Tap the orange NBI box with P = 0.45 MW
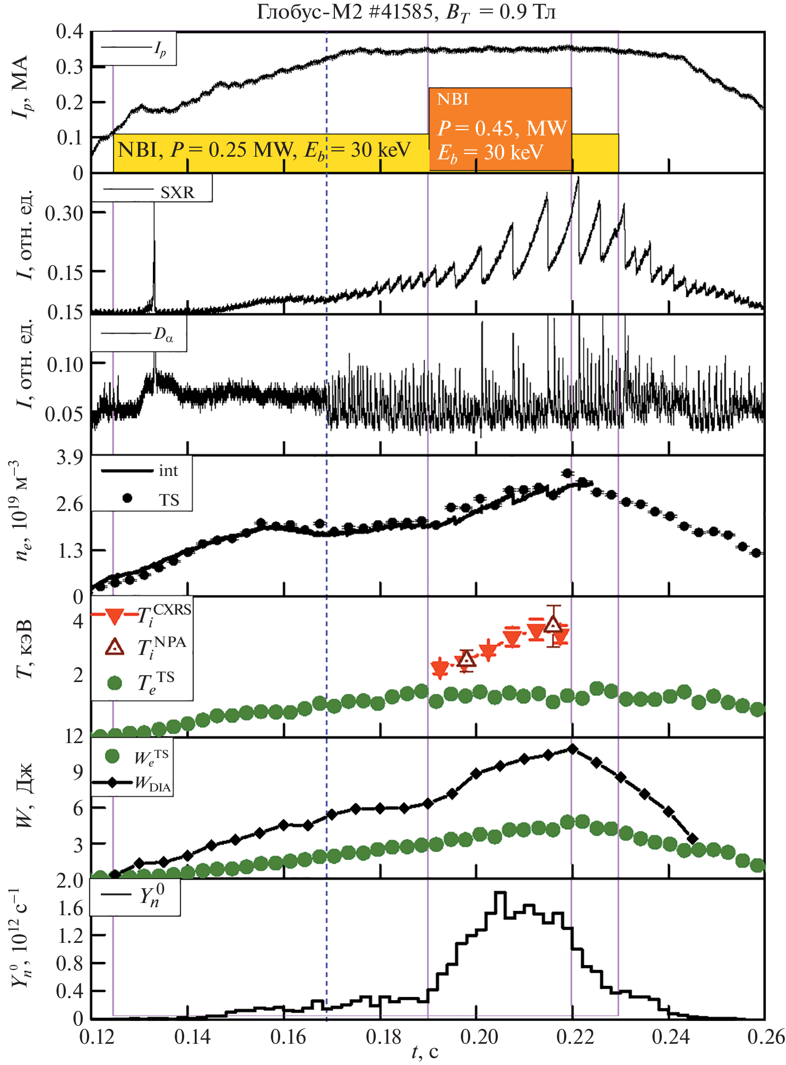(x=500, y=129)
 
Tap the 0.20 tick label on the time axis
(x=479, y=1037)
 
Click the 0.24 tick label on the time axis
(x=671, y=1037)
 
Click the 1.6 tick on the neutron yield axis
(x=71, y=909)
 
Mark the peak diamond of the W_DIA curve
(x=572, y=749)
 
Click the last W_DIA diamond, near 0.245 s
(x=692, y=839)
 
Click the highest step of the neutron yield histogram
(x=499, y=893)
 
